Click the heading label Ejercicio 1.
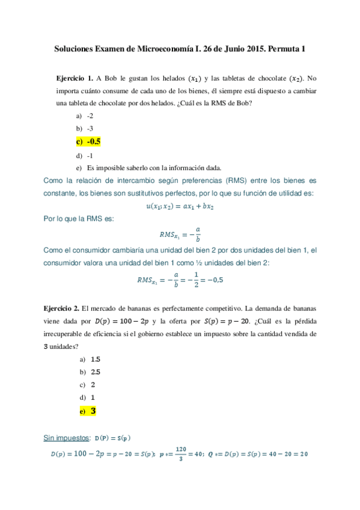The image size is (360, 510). point(74,78)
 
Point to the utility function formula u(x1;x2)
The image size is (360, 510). point(180,206)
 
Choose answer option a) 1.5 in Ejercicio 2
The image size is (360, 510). point(90,358)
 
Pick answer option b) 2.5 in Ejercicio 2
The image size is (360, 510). point(90,372)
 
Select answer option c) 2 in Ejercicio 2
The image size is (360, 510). point(87,385)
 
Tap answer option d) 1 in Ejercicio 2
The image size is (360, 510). point(87,398)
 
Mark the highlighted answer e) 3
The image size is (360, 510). point(88,411)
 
